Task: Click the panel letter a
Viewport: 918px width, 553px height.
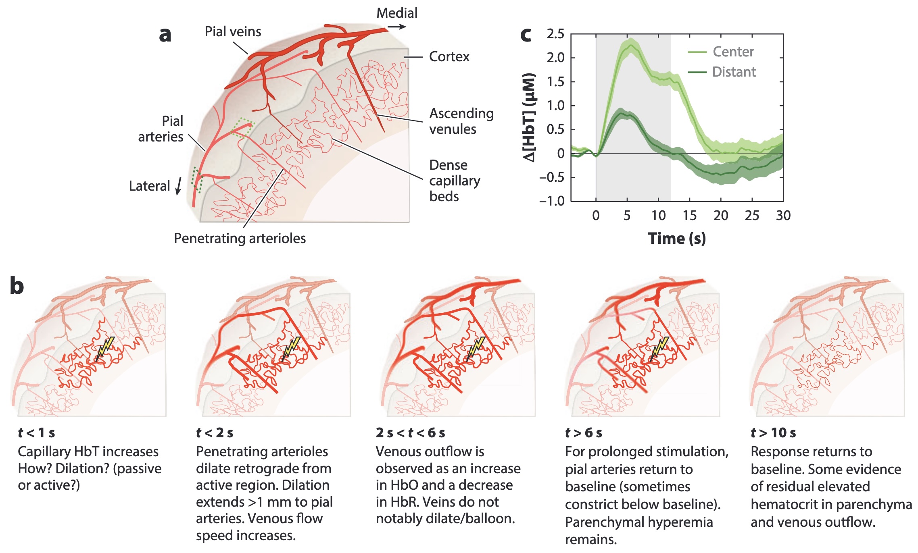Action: coord(165,35)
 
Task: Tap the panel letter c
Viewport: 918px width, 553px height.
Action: coord(526,35)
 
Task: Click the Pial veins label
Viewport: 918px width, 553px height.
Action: coord(233,31)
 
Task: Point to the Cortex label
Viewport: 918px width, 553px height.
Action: coord(449,56)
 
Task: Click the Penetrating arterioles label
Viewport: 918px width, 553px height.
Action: coord(240,238)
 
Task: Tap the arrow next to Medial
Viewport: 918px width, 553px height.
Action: coord(397,27)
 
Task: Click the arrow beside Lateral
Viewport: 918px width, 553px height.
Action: coord(179,186)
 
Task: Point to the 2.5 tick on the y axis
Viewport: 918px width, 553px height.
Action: coord(555,34)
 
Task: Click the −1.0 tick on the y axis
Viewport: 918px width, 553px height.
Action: coord(552,201)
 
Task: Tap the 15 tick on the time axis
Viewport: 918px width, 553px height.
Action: coord(689,216)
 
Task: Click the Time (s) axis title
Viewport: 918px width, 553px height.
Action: coord(677,238)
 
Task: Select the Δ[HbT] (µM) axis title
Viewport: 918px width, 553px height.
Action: coord(529,117)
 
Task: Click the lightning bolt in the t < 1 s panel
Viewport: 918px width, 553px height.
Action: coord(105,347)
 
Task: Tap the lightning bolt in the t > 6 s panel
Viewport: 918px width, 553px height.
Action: coord(659,347)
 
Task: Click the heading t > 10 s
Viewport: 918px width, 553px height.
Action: coord(773,433)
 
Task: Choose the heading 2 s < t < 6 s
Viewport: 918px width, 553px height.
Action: coord(410,433)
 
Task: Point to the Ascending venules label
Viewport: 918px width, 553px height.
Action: coord(461,121)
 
